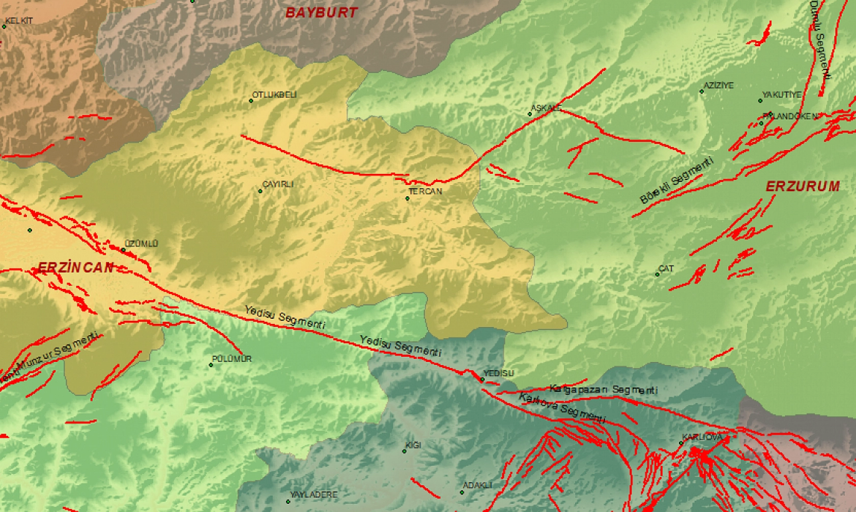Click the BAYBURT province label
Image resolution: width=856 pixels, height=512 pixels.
click(x=322, y=13)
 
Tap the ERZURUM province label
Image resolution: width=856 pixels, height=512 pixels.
click(x=803, y=186)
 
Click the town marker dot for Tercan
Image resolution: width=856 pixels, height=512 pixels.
click(x=407, y=198)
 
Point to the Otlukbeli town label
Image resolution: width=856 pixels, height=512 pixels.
click(x=275, y=95)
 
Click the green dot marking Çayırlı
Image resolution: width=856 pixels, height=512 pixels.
click(x=261, y=191)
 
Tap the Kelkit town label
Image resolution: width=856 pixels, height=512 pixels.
click(x=19, y=21)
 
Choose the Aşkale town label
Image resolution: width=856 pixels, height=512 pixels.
click(x=546, y=108)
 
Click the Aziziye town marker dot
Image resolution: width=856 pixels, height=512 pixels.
click(x=702, y=92)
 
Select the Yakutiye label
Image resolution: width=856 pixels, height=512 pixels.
click(x=782, y=95)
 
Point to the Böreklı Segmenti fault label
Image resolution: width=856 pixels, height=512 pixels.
click(x=676, y=180)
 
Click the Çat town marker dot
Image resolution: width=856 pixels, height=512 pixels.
click(x=657, y=275)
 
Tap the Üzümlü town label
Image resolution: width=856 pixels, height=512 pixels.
click(x=141, y=244)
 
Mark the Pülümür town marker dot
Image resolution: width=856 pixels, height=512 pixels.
click(x=211, y=365)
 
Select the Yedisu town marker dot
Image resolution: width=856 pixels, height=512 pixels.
click(x=482, y=379)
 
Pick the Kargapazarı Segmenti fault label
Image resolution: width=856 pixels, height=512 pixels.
click(x=604, y=389)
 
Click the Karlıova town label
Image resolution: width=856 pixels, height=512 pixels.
click(x=702, y=437)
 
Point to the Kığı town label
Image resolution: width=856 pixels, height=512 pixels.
click(x=413, y=445)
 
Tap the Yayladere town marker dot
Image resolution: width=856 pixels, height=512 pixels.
click(x=288, y=501)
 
